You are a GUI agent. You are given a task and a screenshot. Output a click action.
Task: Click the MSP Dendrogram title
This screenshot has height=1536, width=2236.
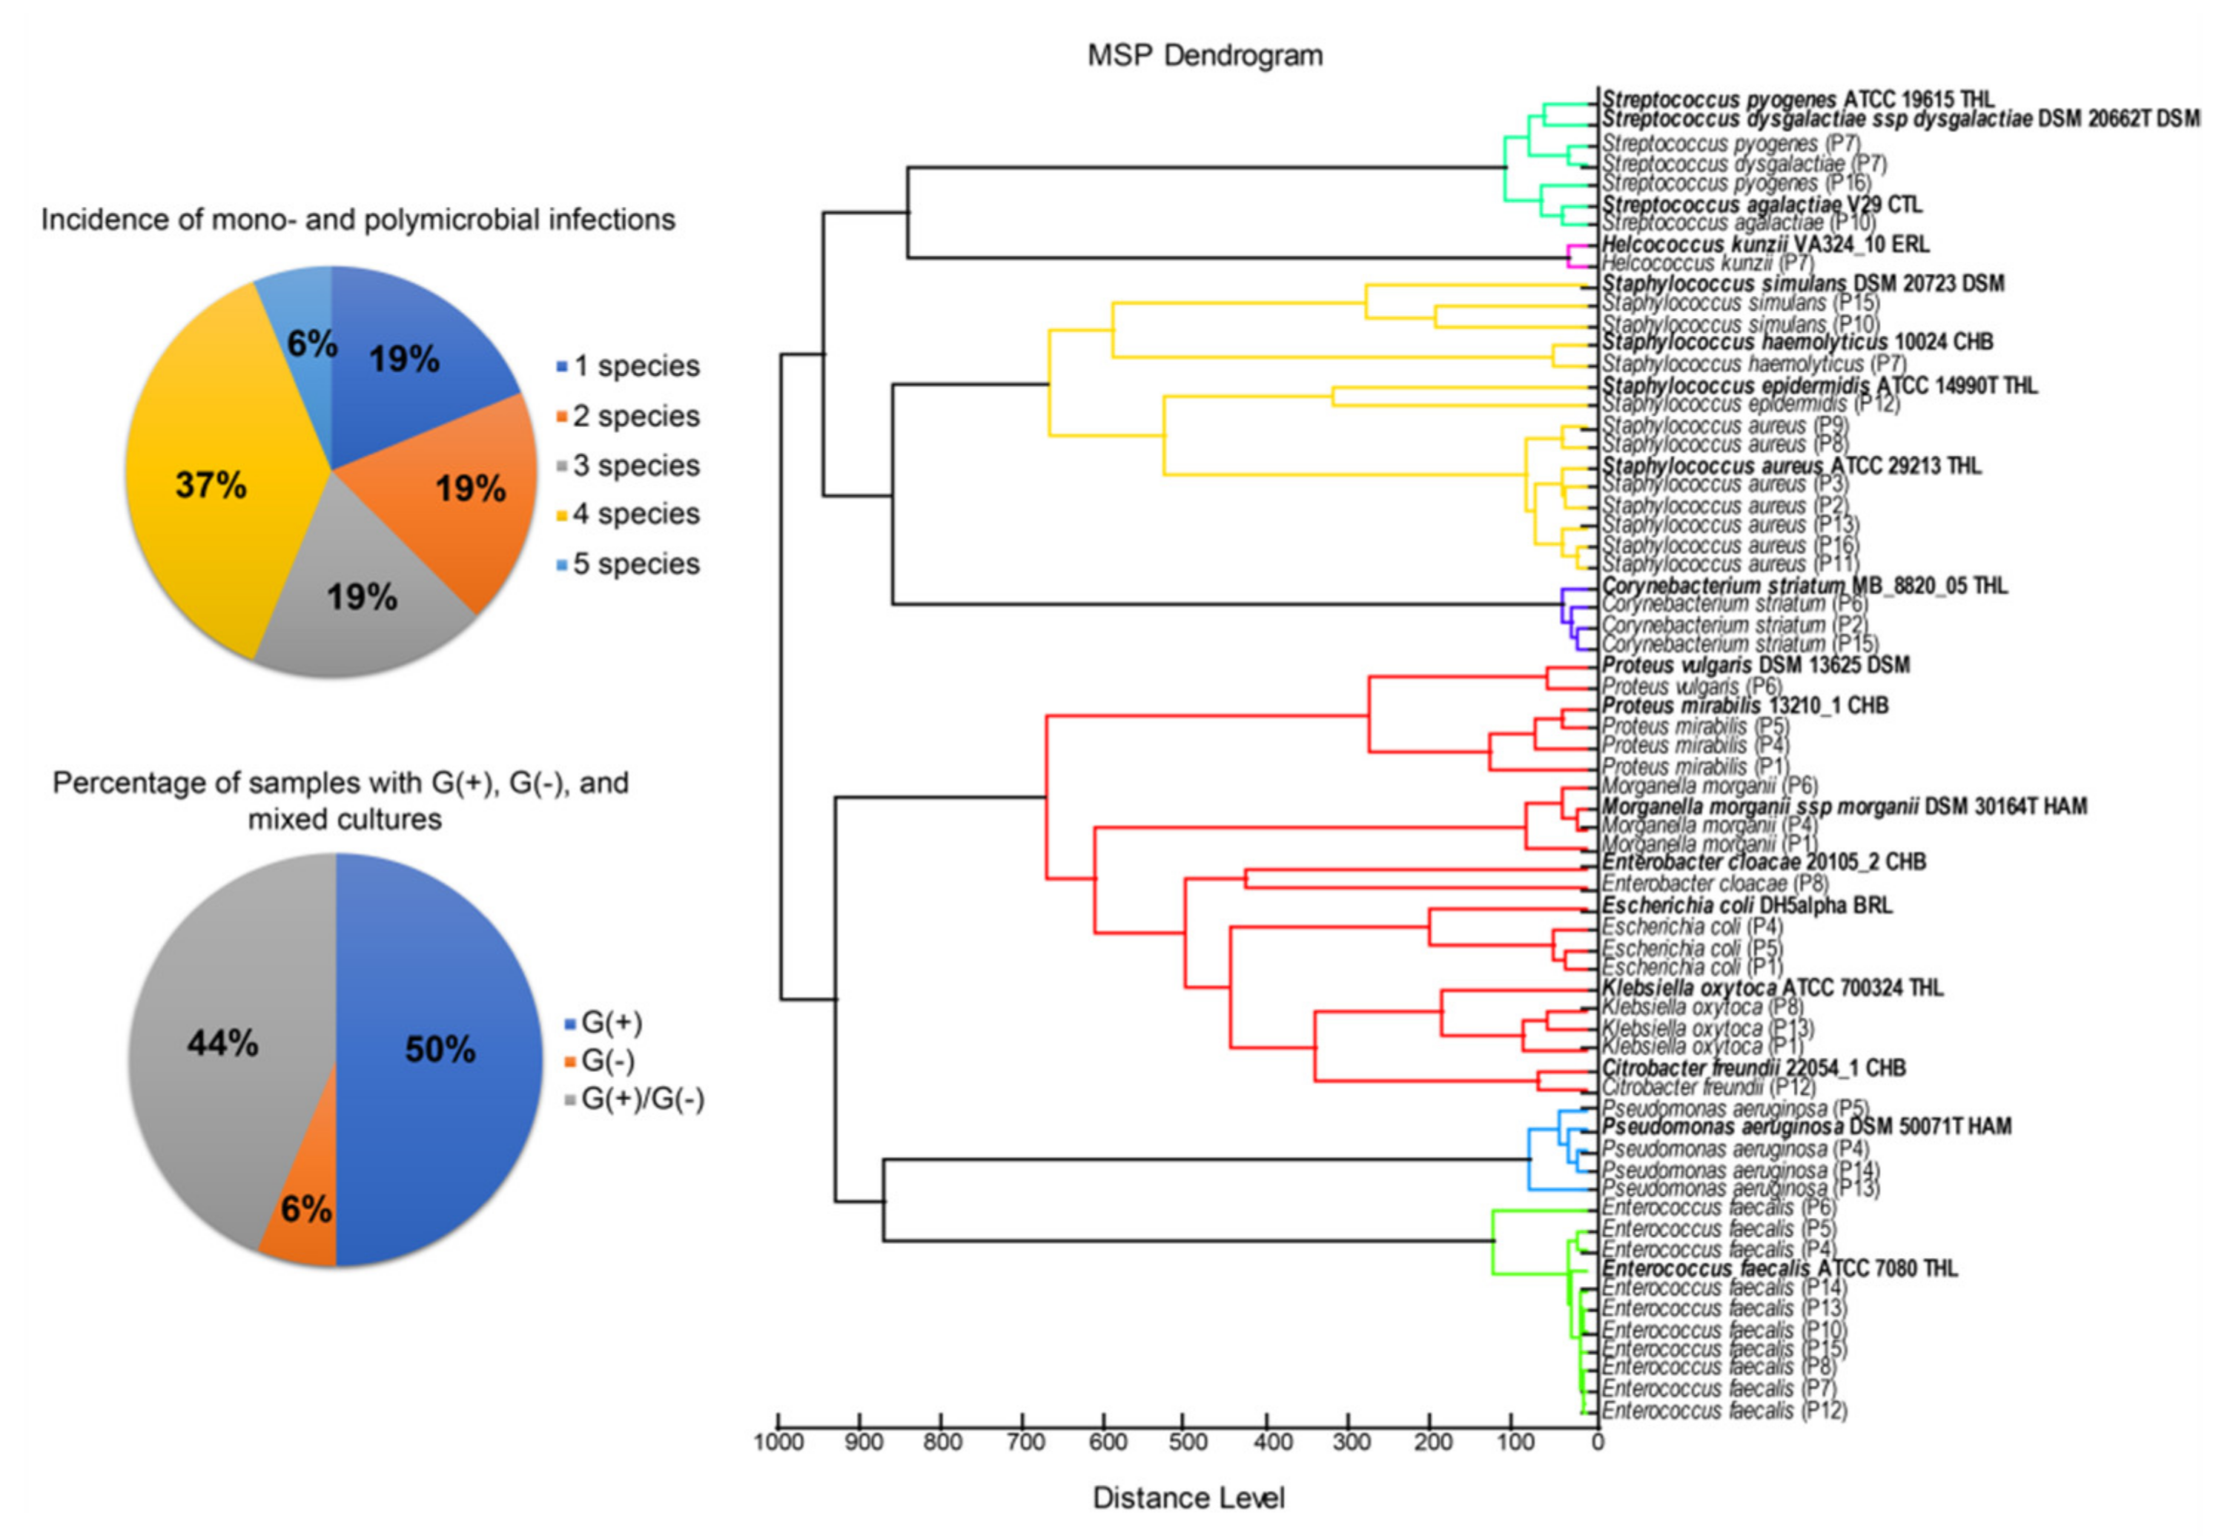(1204, 56)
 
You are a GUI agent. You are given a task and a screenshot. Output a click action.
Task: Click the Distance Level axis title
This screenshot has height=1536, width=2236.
(1188, 1497)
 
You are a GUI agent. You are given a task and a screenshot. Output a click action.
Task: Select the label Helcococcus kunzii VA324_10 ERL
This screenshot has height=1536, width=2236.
(1764, 245)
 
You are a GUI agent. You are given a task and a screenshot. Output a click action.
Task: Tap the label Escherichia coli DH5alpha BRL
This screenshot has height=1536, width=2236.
(1746, 906)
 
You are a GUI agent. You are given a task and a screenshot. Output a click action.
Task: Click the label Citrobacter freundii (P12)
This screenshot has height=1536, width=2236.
(1707, 1088)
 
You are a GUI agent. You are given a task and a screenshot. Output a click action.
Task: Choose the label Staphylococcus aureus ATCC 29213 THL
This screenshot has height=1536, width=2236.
(1790, 466)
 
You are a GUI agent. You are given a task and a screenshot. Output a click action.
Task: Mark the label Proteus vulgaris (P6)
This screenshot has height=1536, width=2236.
(1691, 686)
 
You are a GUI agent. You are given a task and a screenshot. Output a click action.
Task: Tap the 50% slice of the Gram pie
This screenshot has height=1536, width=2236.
(440, 1049)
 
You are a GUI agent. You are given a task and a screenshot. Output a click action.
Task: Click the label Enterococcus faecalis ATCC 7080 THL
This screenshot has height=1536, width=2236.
(1779, 1268)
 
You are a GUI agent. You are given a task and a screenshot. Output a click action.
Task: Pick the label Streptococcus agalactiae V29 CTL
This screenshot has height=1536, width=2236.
(1761, 204)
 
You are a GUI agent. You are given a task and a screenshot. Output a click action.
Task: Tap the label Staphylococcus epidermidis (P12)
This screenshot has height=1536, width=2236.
(1750, 404)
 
